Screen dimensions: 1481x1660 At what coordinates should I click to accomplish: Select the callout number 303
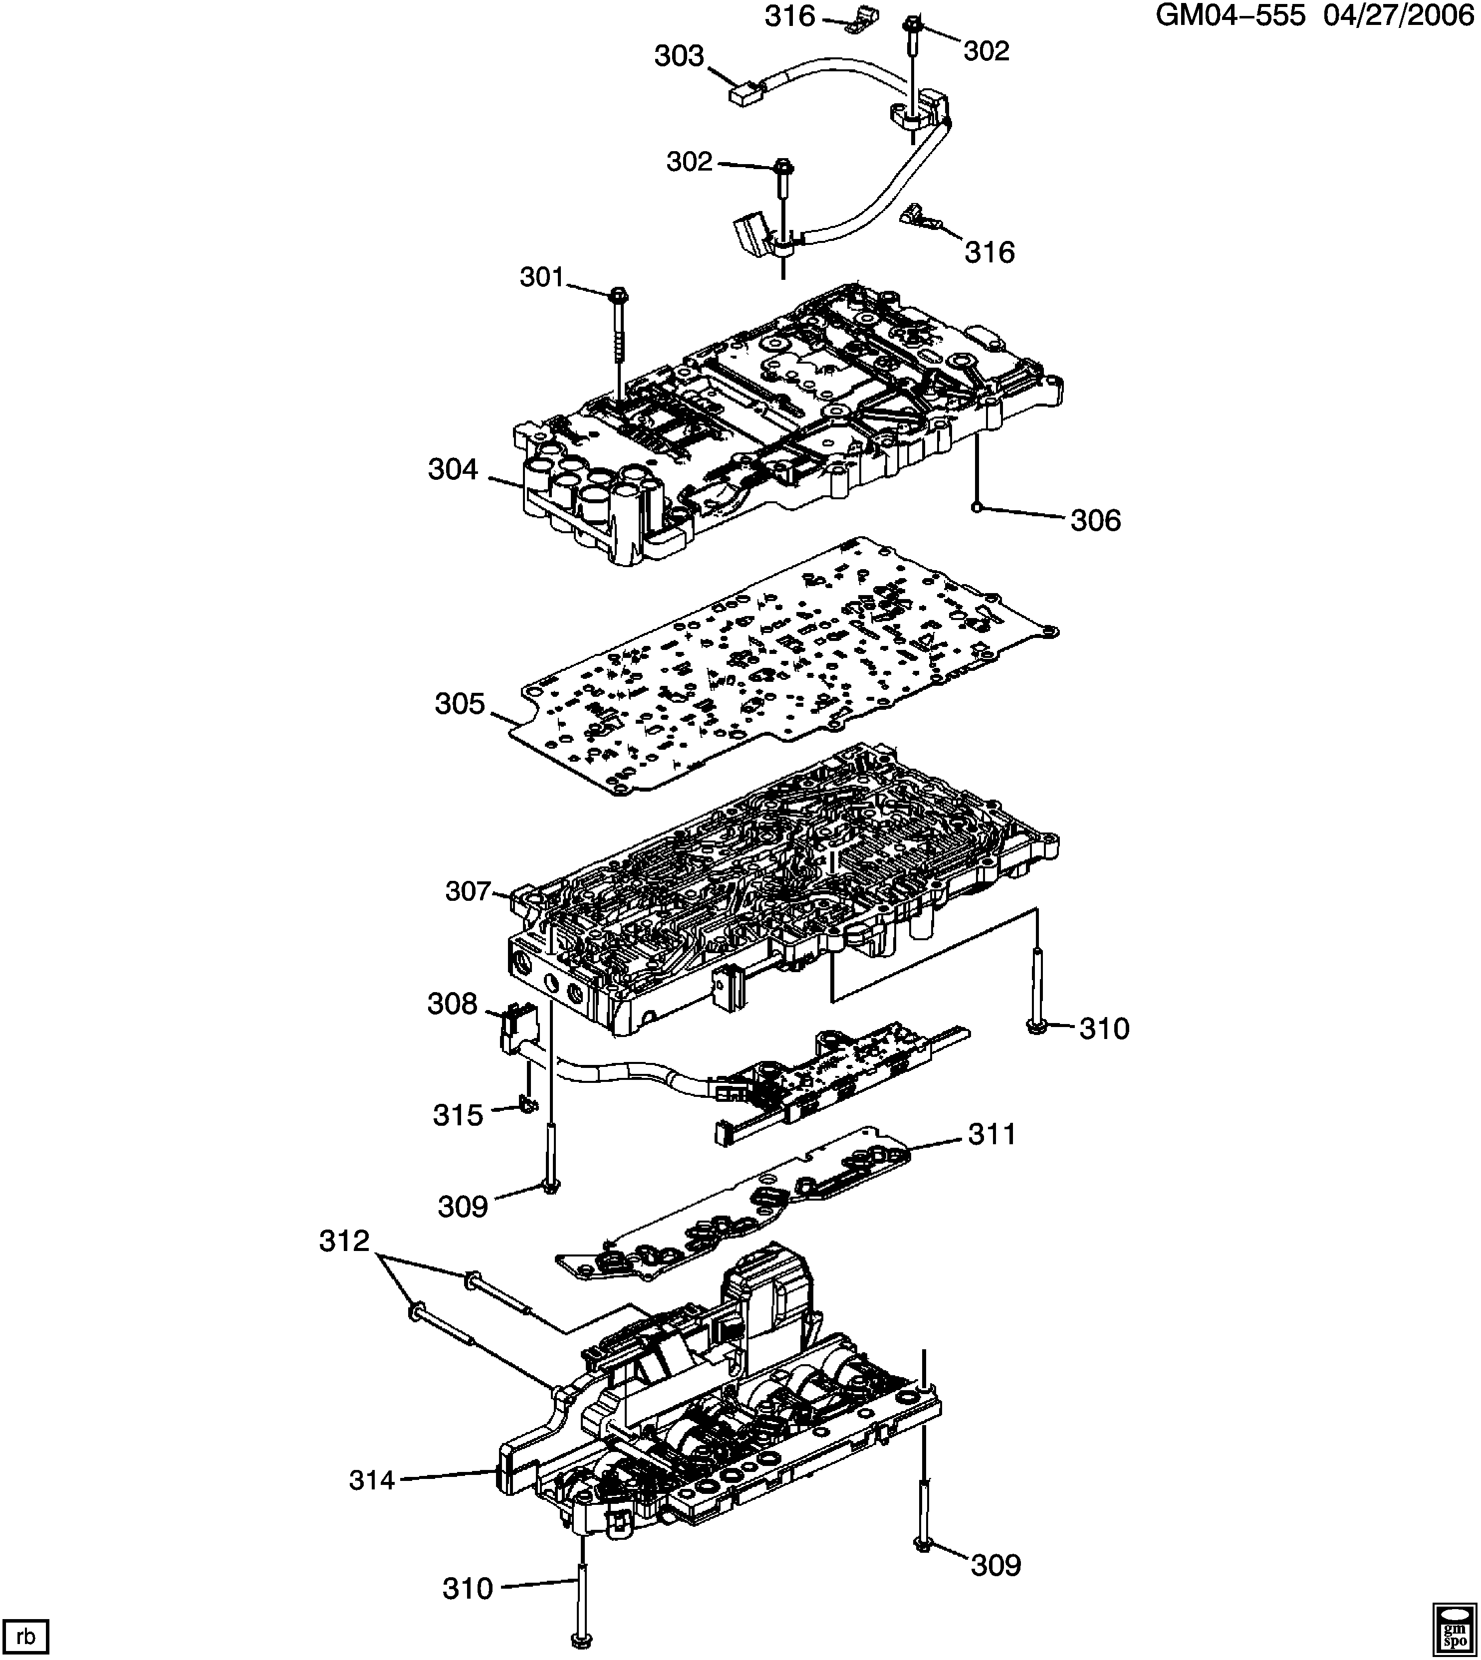679,56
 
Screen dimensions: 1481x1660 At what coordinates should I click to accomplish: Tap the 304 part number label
453,469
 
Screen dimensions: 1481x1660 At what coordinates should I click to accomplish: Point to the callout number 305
460,703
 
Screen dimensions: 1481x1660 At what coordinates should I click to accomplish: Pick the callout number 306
1095,521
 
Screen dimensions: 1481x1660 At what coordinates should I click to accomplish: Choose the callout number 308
453,1005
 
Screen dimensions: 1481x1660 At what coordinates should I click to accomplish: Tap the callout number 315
458,1115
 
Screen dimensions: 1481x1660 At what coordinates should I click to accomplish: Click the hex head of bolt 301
618,294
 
